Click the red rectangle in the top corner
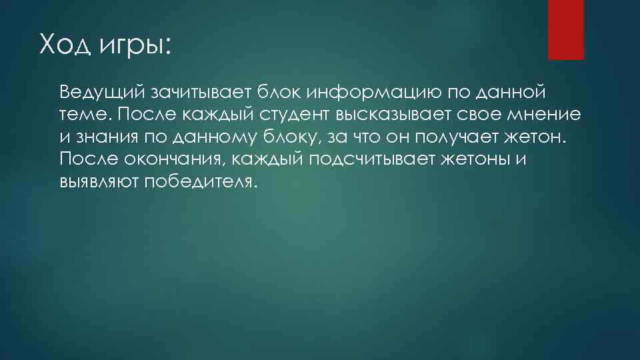point(565,30)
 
